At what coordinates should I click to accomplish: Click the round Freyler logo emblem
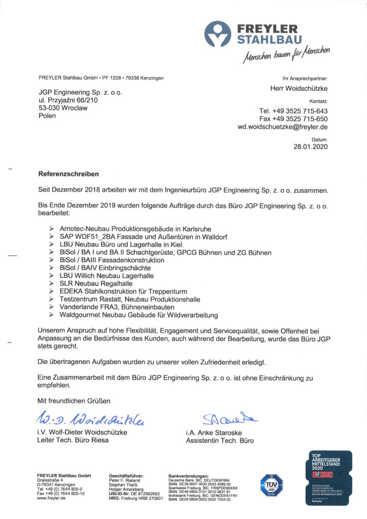point(217,34)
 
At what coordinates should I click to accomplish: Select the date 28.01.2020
point(311,147)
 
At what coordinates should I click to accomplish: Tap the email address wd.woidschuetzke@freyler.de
point(282,127)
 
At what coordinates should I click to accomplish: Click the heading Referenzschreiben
point(68,174)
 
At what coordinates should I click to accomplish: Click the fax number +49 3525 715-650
point(293,119)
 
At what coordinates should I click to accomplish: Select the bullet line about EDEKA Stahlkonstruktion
point(123,292)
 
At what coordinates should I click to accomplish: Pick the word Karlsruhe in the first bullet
point(194,229)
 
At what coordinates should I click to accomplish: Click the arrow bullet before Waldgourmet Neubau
point(52,315)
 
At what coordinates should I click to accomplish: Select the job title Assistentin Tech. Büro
point(219,441)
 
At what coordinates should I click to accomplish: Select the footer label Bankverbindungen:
point(189,476)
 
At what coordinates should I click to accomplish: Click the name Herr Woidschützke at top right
point(299,89)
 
